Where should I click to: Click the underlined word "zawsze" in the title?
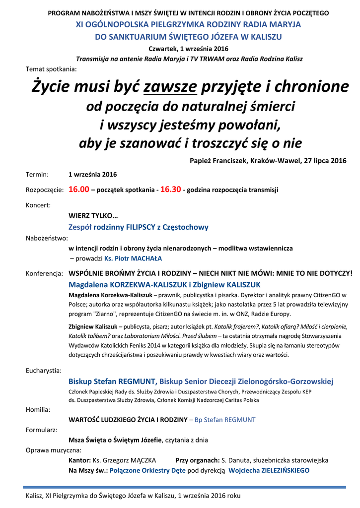coord(170,87)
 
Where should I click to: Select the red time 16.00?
coord(78,190)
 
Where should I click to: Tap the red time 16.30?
coord(170,190)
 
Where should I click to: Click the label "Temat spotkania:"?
coord(51,69)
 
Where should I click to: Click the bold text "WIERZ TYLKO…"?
coord(93,216)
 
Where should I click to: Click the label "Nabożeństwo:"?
coord(46,238)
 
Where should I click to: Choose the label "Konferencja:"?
coord(44,273)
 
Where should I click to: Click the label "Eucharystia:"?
coord(44,370)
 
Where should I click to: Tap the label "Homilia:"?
coord(38,410)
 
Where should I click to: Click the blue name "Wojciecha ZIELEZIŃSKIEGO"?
coord(269,470)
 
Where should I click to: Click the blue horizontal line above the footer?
coord(184,487)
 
